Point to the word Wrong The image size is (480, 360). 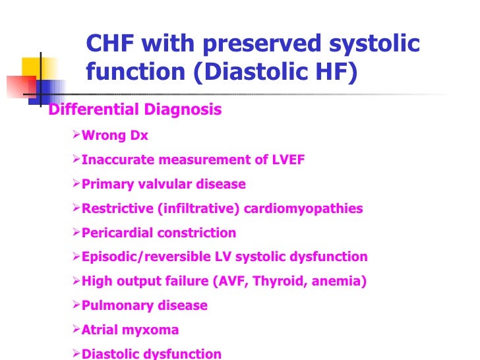click(102, 136)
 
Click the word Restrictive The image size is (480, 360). click(117, 209)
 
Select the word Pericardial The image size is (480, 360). click(114, 233)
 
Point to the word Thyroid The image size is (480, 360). click(277, 282)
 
